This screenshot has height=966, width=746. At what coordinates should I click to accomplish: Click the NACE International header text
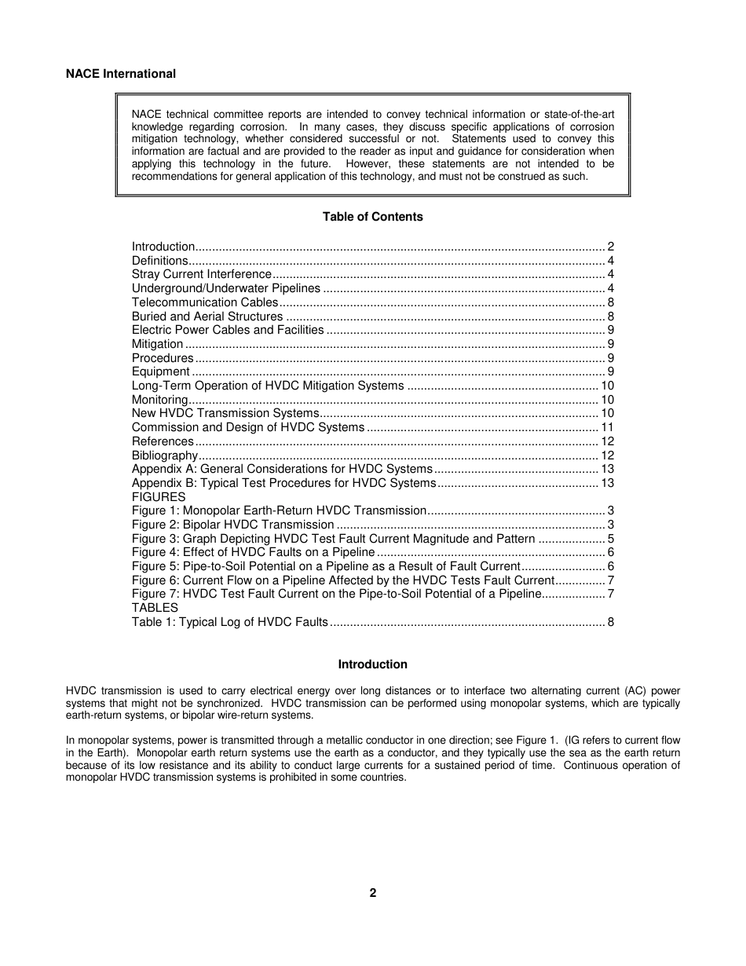tap(120, 74)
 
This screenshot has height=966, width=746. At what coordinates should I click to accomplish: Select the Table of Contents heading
tap(372, 217)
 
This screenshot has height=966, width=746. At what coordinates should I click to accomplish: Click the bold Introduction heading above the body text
tap(372, 664)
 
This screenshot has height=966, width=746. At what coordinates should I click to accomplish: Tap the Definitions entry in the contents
tap(159, 261)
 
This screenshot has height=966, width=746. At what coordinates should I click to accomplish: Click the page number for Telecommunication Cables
tap(610, 302)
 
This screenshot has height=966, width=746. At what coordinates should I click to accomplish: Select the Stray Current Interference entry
tap(201, 274)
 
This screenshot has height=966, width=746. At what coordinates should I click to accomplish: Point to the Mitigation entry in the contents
tap(157, 344)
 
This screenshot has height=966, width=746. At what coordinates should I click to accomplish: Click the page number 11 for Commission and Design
tap(607, 427)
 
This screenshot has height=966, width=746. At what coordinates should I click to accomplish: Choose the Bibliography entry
tap(164, 456)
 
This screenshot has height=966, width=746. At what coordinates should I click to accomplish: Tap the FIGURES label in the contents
tap(159, 497)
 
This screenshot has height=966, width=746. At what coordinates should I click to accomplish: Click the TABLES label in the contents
tap(155, 608)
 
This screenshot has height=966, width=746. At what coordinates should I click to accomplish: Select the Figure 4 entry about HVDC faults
tap(253, 552)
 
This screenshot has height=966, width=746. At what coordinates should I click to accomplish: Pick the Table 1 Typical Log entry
tap(229, 622)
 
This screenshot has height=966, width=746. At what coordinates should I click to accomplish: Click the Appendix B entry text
tap(283, 483)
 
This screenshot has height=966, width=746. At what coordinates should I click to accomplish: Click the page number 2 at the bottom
tap(372, 893)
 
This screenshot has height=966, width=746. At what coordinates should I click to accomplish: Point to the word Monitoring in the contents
tap(159, 400)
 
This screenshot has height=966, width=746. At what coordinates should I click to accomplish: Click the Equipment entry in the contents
tap(160, 371)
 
